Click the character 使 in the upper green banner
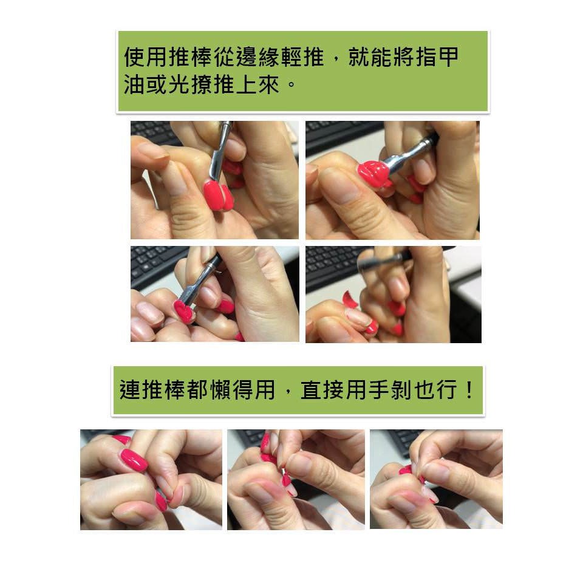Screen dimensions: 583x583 [x=135, y=57]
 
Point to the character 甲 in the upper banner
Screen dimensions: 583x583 [x=449, y=57]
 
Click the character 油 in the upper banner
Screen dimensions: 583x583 [x=135, y=84]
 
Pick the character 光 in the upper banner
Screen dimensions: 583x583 [x=180, y=84]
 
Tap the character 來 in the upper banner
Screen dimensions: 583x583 [x=269, y=84]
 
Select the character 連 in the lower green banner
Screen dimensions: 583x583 [x=130, y=390]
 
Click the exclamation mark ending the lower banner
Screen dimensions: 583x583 [x=469, y=390]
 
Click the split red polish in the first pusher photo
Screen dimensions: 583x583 [x=219, y=195]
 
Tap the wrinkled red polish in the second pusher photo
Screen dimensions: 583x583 [x=373, y=174]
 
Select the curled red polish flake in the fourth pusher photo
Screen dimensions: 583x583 [x=349, y=299]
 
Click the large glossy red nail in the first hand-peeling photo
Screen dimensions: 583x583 [x=134, y=460]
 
